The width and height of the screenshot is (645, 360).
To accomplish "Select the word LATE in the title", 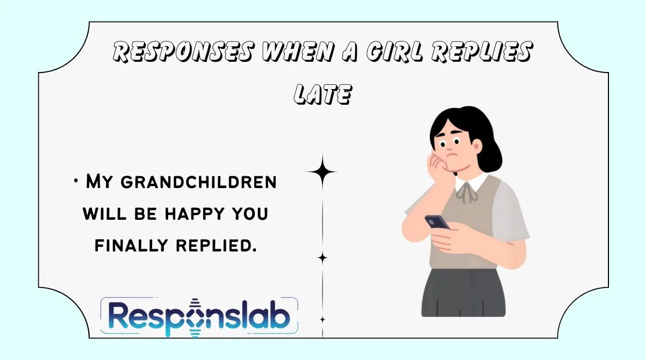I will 322,95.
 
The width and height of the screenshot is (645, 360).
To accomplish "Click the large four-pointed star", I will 322,172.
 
